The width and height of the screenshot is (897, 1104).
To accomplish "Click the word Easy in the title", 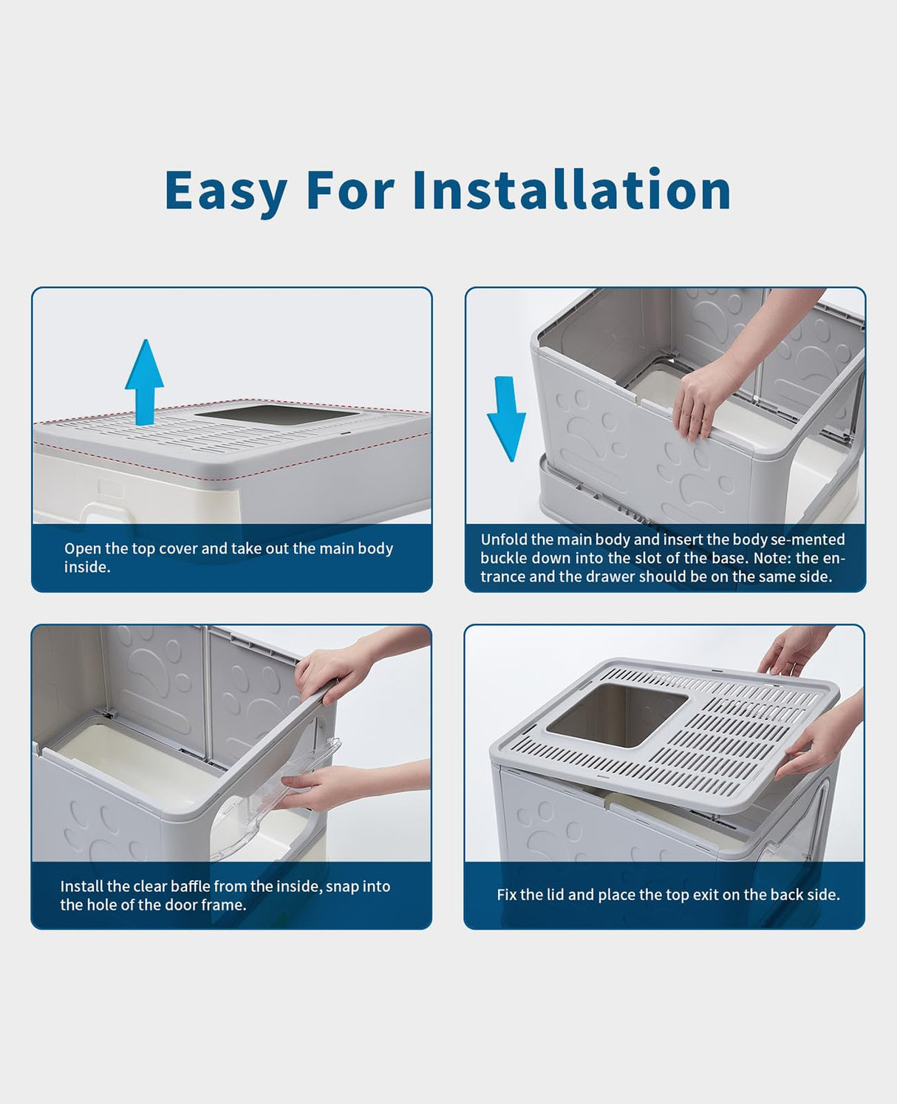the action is point(226,191).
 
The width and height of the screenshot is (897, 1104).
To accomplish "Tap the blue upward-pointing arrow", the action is point(144,382).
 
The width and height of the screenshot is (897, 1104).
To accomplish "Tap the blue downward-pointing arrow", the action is point(506,418).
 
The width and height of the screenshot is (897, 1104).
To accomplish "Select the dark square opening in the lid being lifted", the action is point(278,414).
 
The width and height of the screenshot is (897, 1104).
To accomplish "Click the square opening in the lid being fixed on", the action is point(617,715).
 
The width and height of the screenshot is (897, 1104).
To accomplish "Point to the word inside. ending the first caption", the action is point(88,568).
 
